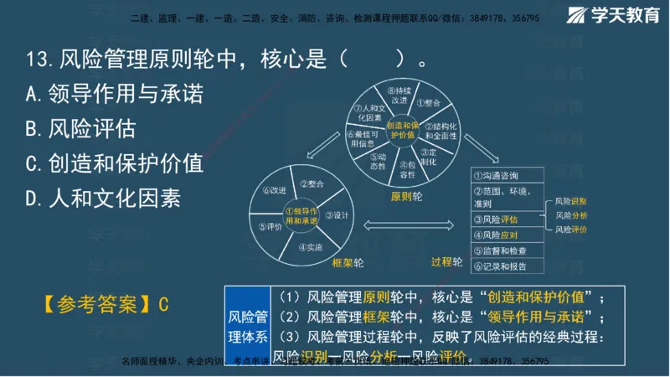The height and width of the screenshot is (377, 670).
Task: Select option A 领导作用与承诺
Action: tap(114, 95)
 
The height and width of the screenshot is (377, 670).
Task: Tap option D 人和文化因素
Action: tap(102, 198)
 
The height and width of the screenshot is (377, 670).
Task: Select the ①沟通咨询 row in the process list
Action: tap(508, 176)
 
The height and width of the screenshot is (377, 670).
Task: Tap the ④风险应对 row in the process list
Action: tap(508, 235)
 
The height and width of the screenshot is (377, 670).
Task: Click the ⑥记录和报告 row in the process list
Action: tap(508, 266)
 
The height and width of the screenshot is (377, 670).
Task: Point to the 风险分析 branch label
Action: tap(570, 215)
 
